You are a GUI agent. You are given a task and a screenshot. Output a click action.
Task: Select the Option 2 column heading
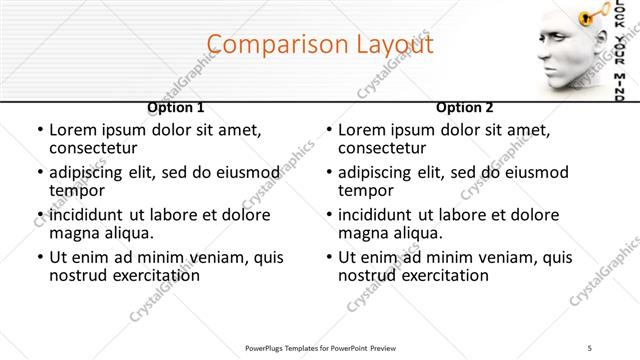[x=465, y=107]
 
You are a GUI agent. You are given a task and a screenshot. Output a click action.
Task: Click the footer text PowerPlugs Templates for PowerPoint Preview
[x=320, y=348]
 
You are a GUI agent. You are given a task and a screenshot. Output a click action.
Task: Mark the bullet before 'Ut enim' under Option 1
[x=39, y=257]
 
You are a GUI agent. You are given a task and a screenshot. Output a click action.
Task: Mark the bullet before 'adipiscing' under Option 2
[x=328, y=172]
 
